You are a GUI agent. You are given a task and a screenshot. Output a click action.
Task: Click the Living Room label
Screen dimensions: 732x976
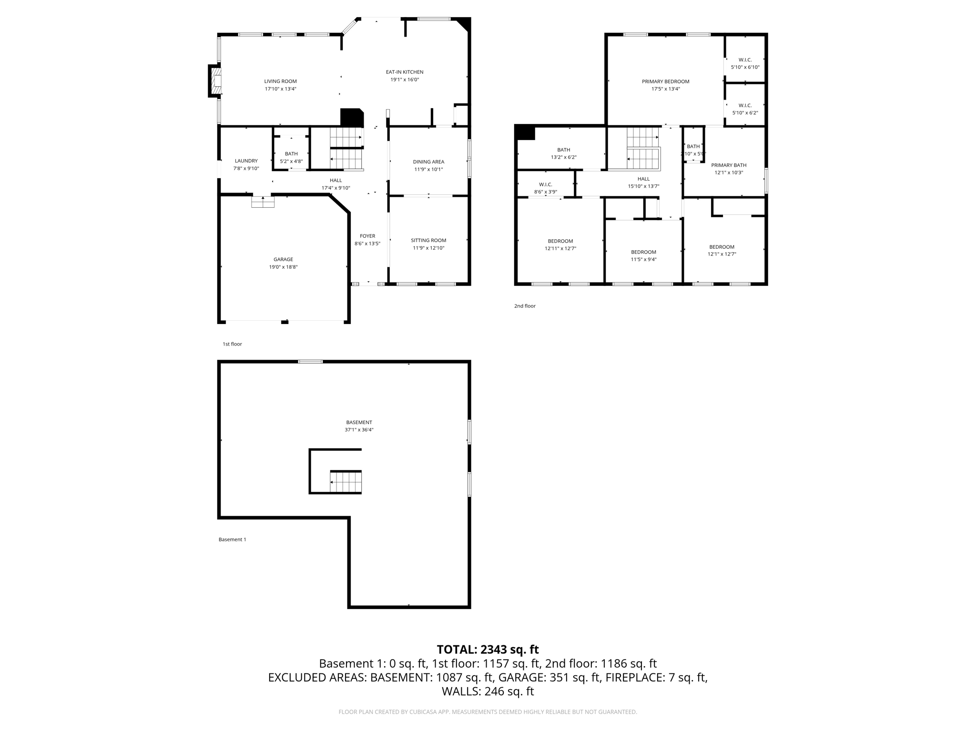click(x=280, y=81)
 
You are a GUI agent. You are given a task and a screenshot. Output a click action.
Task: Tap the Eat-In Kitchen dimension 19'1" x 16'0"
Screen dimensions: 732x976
click(x=405, y=80)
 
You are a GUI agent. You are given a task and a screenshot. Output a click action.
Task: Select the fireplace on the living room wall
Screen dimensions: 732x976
click(x=215, y=81)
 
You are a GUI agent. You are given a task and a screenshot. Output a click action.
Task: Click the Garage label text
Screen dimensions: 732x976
click(x=283, y=260)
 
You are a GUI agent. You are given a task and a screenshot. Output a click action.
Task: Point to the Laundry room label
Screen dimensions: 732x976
click(x=246, y=161)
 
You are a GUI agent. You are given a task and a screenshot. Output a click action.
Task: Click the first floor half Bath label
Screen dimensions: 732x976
click(x=291, y=154)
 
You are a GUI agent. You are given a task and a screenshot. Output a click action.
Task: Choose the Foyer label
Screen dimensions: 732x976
click(x=367, y=236)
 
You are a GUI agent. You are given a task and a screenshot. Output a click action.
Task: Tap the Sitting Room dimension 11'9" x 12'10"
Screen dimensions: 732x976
click(x=428, y=248)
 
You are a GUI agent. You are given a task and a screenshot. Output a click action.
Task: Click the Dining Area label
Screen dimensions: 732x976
click(x=428, y=162)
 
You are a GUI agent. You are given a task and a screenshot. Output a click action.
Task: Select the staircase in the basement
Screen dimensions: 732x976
click(x=346, y=481)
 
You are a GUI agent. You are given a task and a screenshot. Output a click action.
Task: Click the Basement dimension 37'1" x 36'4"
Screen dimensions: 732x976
click(x=359, y=430)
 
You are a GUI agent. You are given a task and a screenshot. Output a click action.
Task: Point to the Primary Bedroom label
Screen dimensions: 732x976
click(x=665, y=81)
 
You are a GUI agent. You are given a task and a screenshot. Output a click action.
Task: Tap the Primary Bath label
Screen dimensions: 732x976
click(x=729, y=165)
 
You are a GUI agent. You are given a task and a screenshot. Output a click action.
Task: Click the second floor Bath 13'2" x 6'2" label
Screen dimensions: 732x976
click(x=564, y=150)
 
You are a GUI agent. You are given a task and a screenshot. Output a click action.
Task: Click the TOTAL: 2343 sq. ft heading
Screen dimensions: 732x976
click(x=488, y=650)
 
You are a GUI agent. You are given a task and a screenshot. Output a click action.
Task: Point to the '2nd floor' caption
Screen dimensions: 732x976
click(x=525, y=306)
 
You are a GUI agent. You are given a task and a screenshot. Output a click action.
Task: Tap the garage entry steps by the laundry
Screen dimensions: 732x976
click(x=263, y=203)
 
